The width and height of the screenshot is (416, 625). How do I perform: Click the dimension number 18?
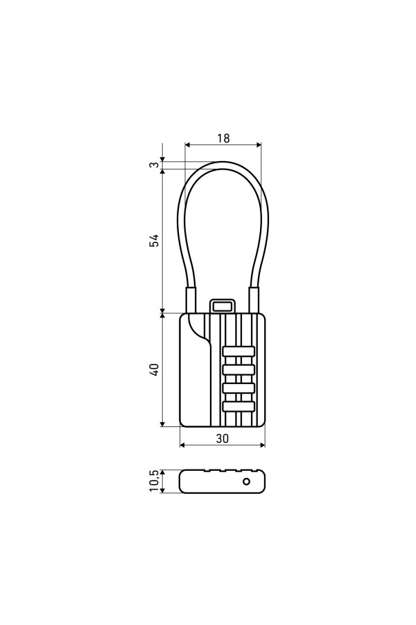(223, 138)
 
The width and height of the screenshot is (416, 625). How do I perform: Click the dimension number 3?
(155, 165)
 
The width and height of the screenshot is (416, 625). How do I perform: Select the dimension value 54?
(154, 240)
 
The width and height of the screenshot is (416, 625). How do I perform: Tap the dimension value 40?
(155, 369)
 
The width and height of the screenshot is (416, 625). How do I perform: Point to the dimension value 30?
(223, 438)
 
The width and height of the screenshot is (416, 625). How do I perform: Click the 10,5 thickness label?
(155, 481)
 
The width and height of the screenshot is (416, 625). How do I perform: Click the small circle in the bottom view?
(246, 481)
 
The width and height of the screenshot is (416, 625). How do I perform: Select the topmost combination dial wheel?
(239, 351)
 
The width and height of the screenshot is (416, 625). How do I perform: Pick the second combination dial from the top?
(239, 370)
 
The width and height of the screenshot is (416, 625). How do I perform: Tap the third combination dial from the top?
(239, 388)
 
